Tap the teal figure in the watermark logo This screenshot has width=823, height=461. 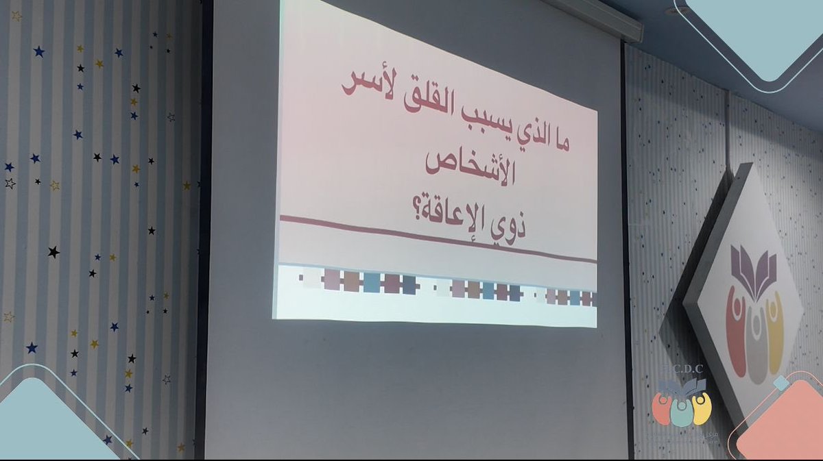[682, 411]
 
